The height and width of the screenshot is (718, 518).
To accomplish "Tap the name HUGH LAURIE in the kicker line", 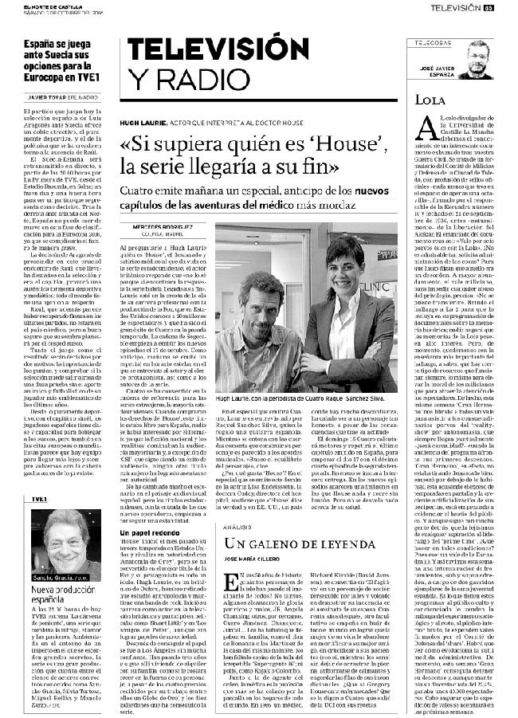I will coord(143,125).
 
